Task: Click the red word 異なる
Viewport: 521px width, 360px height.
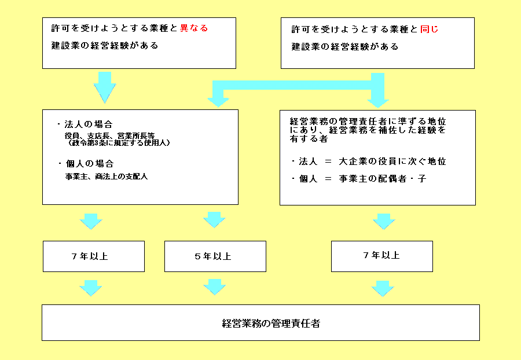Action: coord(194,28)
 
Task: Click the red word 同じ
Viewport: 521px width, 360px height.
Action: coord(430,29)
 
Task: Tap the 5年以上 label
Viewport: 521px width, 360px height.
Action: coord(213,256)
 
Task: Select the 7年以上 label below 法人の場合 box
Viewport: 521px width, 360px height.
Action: coord(90,256)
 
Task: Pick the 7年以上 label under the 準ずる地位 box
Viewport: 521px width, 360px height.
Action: coord(381,255)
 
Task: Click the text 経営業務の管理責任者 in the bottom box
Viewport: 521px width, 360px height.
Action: coord(271,323)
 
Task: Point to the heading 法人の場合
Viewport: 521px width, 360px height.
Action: coord(89,124)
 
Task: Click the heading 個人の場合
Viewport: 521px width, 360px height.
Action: coord(90,163)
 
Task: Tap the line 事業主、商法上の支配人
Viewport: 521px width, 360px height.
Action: coord(107,177)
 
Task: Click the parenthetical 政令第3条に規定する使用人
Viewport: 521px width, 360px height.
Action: coord(118,143)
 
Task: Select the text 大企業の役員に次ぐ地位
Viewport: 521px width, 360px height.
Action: coord(392,161)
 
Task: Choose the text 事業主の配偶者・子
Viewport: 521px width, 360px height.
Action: coord(383,179)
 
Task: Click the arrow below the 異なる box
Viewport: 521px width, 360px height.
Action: coord(105,87)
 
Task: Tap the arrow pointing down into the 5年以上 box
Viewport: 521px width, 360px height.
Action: coord(214,220)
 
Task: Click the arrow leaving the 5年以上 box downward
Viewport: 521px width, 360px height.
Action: coord(214,287)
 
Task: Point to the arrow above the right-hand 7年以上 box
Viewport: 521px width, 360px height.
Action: coord(384,222)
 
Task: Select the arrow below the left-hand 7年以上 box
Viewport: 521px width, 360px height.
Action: coord(91,288)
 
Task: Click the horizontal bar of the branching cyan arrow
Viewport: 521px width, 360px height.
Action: coord(292,85)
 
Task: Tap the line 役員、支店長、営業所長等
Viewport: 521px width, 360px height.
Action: coord(109,136)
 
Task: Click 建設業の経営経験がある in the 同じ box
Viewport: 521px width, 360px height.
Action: coord(345,46)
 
